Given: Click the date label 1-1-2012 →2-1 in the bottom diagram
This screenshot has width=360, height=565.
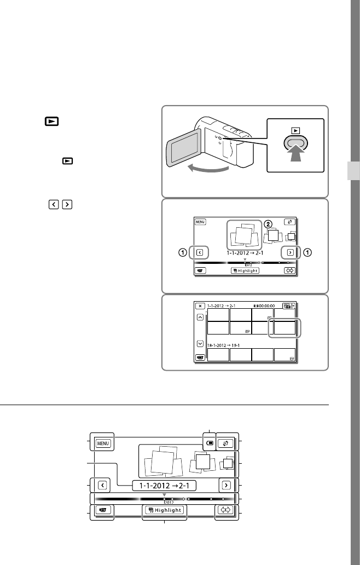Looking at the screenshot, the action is click(x=164, y=485).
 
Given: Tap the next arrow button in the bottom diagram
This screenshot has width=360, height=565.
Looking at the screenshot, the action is click(x=225, y=485).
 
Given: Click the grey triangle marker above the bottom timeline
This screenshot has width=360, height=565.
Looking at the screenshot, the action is click(x=164, y=495).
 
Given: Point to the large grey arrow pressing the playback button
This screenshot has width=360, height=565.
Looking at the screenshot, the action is click(x=295, y=159).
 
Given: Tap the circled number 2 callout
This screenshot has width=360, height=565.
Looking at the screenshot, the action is click(x=268, y=224).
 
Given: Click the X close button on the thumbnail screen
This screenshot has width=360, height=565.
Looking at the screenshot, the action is click(x=200, y=305).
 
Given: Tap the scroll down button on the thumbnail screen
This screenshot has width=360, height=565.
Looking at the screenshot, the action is click(x=200, y=344).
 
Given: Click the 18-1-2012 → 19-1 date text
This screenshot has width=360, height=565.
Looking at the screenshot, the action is click(x=225, y=345).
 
